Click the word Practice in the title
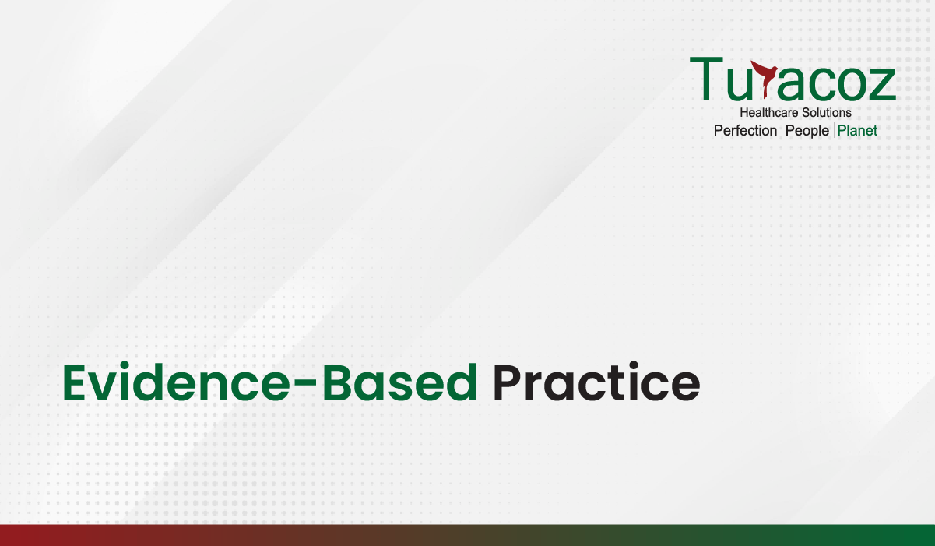pos(596,382)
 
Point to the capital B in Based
pos(336,382)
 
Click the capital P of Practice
pos(507,382)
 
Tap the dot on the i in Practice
pos(633,365)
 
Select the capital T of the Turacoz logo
pos(706,79)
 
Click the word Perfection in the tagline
pos(745,130)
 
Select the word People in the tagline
pos(807,131)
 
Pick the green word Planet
pos(857,130)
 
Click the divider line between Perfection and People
pos(782,130)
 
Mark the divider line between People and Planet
pos(834,130)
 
